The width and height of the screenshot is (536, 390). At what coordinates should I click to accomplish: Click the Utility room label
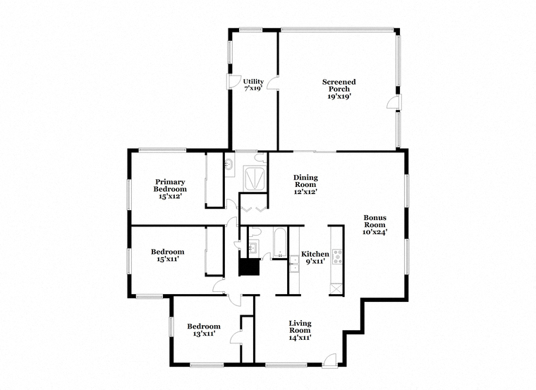[253, 82]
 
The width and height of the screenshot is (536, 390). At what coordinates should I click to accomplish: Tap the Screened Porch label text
[339, 85]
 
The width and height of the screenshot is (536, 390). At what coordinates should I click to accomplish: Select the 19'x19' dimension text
[339, 97]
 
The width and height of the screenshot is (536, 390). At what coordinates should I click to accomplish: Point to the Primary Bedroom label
[170, 185]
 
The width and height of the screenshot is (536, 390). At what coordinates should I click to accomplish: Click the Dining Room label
[305, 181]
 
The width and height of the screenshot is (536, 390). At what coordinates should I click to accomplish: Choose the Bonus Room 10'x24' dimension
[375, 232]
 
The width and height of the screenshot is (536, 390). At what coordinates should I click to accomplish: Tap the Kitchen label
[315, 255]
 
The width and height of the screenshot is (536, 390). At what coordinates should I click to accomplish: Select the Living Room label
[300, 327]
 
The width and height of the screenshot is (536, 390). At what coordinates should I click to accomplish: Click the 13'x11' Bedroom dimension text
[204, 334]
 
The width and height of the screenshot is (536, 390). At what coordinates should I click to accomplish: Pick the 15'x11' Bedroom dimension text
[168, 259]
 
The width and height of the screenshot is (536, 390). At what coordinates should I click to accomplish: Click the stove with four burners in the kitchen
[337, 256]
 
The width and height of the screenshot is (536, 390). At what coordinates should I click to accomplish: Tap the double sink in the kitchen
[294, 264]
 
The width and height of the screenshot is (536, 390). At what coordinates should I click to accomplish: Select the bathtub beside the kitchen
[280, 243]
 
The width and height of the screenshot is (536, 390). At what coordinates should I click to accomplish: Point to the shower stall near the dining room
[255, 178]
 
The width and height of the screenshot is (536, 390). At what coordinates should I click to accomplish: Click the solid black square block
[249, 267]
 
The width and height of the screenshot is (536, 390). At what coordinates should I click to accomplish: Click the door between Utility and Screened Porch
[272, 84]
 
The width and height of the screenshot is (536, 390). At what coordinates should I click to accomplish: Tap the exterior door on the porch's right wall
[394, 102]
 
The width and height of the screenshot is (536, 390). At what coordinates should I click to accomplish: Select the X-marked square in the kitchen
[335, 289]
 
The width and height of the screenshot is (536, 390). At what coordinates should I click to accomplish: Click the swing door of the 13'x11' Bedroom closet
[236, 337]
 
